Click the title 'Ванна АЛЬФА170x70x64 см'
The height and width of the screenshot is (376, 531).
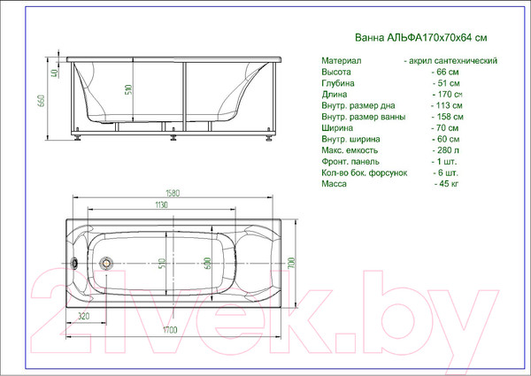[408, 38]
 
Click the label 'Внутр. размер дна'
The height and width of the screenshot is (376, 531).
[361, 104]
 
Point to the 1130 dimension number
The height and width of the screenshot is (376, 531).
[160, 205]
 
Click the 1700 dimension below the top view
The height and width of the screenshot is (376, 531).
[170, 329]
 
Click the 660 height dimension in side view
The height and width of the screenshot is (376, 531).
[39, 99]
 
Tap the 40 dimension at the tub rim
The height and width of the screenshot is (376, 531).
[53, 73]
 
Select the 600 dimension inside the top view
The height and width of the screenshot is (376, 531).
[206, 263]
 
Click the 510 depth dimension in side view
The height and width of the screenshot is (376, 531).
[131, 90]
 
